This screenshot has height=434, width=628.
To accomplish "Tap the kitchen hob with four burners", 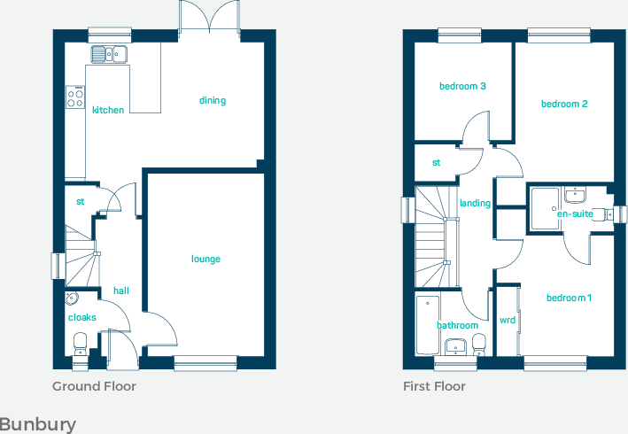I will tap(74, 97).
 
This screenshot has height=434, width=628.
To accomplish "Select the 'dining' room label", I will tap(213, 100).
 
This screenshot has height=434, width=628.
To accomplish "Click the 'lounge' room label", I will tap(205, 260).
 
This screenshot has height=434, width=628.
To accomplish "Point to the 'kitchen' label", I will tap(108, 110).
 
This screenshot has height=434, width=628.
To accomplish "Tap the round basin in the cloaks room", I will tap(72, 298).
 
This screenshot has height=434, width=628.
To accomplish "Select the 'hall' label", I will tap(120, 291).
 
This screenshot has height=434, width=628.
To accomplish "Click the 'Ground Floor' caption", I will tap(94, 386).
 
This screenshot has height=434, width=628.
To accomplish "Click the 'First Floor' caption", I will tap(434, 386).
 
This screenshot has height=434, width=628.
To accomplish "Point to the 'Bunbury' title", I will tap(38, 424).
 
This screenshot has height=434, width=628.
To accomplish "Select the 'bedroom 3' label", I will tap(462, 86).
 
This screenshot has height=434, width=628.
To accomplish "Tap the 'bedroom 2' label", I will tap(564, 104).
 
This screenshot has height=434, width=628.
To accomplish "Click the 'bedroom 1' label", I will tap(569, 298).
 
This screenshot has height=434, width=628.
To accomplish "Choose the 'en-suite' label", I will tap(575, 213).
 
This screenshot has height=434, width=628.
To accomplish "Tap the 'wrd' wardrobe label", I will tap(508, 320).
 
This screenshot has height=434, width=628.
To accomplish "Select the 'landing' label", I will tap(475, 203).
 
